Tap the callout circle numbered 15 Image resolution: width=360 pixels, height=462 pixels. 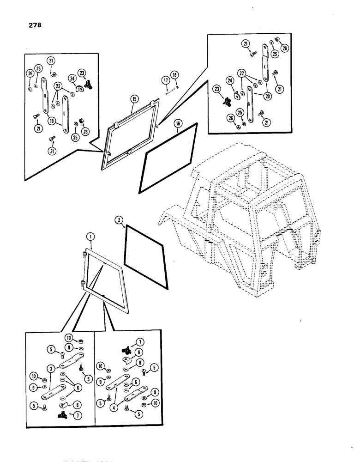tap(134, 99)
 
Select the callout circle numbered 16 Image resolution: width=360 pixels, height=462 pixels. tap(178, 124)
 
